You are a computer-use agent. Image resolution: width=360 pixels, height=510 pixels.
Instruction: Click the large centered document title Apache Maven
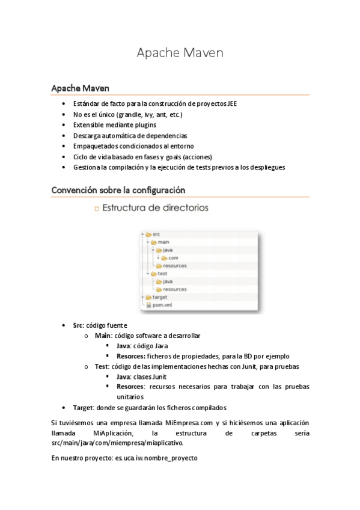(x=180, y=53)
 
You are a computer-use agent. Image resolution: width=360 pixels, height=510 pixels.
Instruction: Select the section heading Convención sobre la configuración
(x=118, y=190)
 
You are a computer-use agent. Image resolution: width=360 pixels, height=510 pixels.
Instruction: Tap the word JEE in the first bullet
(x=231, y=103)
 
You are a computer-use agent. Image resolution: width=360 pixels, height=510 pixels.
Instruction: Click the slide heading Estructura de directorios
(x=155, y=209)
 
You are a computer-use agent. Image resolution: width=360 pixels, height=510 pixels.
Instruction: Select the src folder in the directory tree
(x=156, y=234)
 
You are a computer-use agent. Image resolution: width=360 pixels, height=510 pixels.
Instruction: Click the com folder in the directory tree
(x=172, y=257)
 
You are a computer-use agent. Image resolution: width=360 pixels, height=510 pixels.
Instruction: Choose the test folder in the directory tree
(x=162, y=273)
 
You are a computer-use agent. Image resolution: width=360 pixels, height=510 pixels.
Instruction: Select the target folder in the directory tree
(x=159, y=297)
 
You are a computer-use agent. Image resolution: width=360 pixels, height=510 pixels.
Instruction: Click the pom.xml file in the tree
(x=162, y=305)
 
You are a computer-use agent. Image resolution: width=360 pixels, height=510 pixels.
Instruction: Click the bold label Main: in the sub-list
(x=103, y=336)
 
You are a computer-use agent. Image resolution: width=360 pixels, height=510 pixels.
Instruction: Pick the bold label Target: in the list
(x=83, y=407)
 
